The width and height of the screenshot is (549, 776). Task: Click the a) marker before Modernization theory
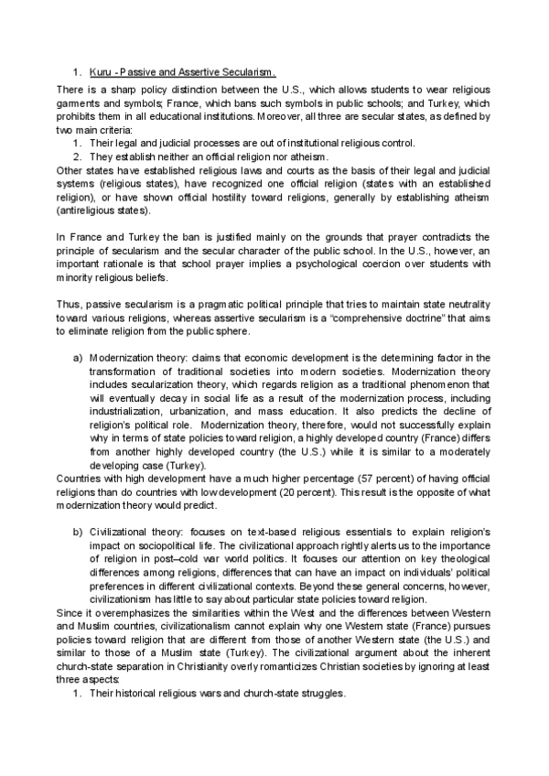(78, 357)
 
